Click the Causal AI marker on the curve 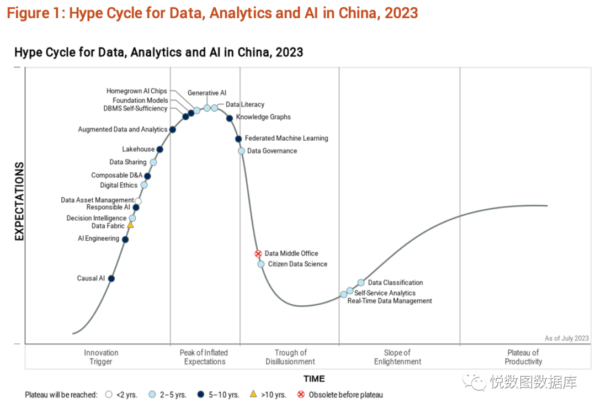tap(111, 279)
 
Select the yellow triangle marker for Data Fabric tap(130, 225)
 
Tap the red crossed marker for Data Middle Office tap(257, 253)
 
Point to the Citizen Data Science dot tap(261, 264)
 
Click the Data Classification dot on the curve tap(361, 283)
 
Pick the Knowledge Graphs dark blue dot tap(230, 118)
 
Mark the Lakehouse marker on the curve tap(159, 150)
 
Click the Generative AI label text tap(207, 93)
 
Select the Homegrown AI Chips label tap(136, 91)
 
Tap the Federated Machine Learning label tap(286, 138)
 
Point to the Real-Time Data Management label tap(390, 301)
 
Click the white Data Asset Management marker tap(138, 201)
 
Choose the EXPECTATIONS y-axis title tap(19, 201)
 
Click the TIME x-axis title tap(314, 379)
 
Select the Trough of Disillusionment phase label tap(290, 357)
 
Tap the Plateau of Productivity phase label tap(523, 357)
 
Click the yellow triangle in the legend tap(253, 394)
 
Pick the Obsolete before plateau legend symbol tap(301, 395)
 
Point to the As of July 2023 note tap(567, 338)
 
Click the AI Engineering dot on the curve tap(125, 240)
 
